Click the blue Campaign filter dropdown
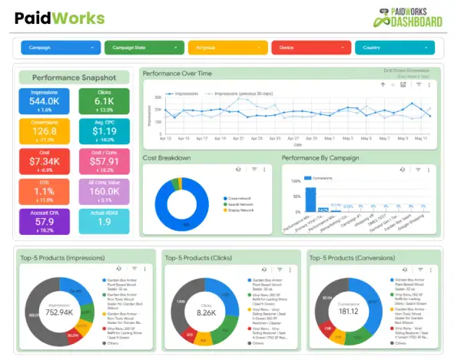(x=60, y=48)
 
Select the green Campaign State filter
(x=144, y=48)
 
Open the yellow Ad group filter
(x=227, y=48)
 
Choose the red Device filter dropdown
(x=310, y=48)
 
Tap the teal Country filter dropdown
(x=394, y=48)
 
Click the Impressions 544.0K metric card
(x=45, y=101)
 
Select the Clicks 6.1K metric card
(x=104, y=101)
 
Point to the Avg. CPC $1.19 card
(x=104, y=131)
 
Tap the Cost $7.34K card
(x=45, y=161)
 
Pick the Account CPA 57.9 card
(x=45, y=221)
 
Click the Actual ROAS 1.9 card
(x=104, y=221)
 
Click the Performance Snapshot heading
(x=74, y=78)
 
